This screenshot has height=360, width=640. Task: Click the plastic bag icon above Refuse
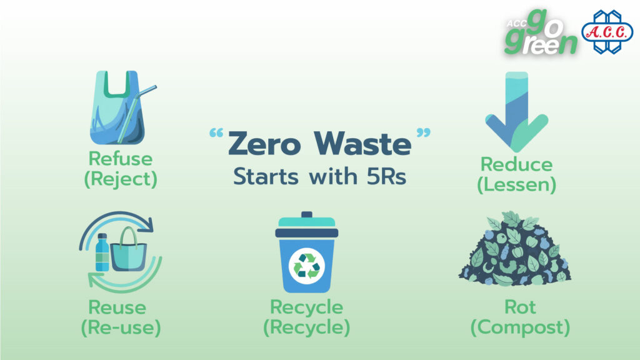click(x=117, y=107)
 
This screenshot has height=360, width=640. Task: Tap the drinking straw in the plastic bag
click(x=137, y=114)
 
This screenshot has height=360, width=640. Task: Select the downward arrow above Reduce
click(x=517, y=111)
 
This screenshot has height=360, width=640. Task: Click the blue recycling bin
click(x=306, y=252)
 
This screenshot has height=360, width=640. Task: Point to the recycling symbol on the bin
click(x=306, y=266)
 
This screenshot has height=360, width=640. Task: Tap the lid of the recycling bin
click(x=306, y=224)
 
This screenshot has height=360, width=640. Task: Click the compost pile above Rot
click(x=515, y=248)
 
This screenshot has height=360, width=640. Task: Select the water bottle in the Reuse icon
click(x=102, y=252)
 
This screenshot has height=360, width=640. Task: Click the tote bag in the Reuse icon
click(x=129, y=250)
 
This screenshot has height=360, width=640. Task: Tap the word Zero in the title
click(x=264, y=144)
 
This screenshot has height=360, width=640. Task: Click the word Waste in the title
click(x=362, y=144)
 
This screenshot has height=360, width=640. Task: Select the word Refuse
click(x=121, y=159)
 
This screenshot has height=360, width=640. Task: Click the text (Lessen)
click(x=517, y=184)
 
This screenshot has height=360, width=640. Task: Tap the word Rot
click(x=520, y=307)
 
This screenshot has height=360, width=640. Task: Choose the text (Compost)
click(x=521, y=327)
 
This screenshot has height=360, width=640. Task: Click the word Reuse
click(x=117, y=307)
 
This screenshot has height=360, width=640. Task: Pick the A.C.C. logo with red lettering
click(x=607, y=32)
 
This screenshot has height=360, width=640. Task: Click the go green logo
click(x=541, y=32)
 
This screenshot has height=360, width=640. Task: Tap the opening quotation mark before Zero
click(x=216, y=133)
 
